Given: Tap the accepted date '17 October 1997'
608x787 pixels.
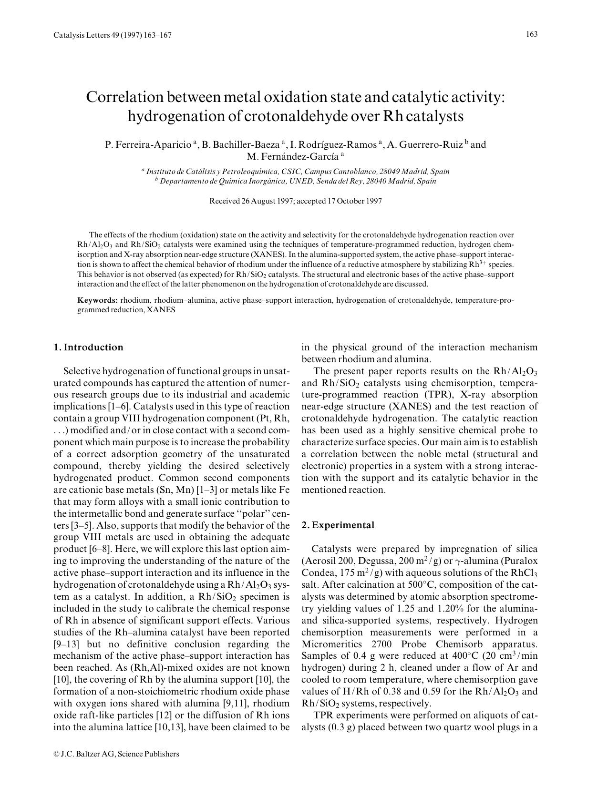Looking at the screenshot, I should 354,201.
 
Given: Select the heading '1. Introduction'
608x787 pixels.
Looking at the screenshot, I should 88,347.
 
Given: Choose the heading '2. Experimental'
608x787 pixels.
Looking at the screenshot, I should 338,525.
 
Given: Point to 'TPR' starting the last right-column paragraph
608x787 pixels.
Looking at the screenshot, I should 323,715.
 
